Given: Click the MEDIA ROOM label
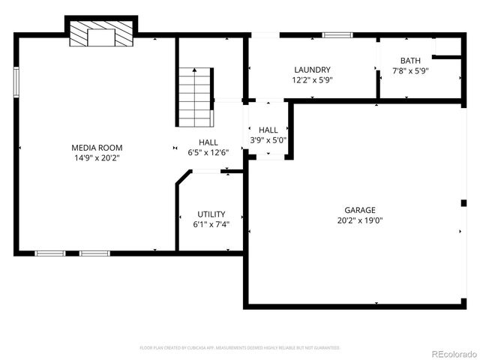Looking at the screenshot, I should coord(97,148).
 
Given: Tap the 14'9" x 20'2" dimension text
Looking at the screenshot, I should coord(97,158).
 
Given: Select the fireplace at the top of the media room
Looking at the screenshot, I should coord(100,34).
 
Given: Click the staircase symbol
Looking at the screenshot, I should coord(195,97).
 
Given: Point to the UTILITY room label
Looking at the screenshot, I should coord(211,214).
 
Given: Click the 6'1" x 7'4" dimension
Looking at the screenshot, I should coord(211,224).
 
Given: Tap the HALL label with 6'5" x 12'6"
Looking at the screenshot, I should coord(208,142).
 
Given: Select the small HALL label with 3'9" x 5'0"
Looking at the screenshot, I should coord(268,130).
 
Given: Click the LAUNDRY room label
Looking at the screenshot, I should coord(312,70).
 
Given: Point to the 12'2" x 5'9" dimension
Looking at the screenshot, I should coord(312,79).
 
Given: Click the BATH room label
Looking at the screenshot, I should coord(410,61).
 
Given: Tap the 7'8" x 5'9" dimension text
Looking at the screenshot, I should coord(410,70).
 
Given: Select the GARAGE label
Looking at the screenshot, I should coord(360,210).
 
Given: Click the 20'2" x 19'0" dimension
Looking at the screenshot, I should coord(360,220).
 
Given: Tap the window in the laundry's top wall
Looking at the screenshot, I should coord(337,34).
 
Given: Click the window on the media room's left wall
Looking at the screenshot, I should coord(16,81).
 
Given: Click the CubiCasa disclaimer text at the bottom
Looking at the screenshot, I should coord(240,348).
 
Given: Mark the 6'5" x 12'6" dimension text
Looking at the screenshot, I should coord(208,153).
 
